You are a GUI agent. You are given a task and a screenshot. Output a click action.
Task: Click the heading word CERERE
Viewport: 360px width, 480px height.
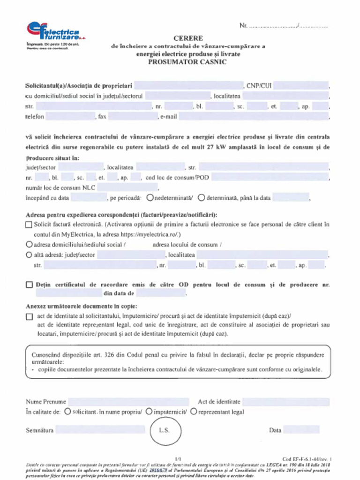(188, 38)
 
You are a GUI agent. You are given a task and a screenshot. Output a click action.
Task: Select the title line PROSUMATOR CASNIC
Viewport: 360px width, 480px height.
(187, 62)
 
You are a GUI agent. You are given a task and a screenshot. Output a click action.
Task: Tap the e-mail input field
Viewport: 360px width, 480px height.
(253, 116)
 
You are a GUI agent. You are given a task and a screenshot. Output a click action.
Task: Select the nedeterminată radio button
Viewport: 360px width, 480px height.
(150, 198)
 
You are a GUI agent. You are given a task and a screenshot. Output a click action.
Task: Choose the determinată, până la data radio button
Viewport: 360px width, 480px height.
(201, 198)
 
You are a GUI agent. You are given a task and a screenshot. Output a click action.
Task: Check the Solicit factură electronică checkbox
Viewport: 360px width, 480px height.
(29, 225)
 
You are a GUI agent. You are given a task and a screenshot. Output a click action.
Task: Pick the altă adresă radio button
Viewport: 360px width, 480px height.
(29, 255)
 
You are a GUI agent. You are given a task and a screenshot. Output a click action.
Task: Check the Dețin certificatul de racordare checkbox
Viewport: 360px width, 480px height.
(29, 285)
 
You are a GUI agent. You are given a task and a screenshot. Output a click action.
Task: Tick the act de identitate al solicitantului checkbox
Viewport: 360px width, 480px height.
(29, 316)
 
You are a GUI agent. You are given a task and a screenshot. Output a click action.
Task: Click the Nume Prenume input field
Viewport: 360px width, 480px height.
(128, 402)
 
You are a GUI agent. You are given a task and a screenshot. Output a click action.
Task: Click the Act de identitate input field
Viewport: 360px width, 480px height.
(285, 402)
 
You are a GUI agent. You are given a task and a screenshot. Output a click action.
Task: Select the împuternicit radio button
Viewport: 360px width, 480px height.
(149, 412)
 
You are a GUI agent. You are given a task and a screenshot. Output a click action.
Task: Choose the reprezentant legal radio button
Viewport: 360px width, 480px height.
(193, 412)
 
